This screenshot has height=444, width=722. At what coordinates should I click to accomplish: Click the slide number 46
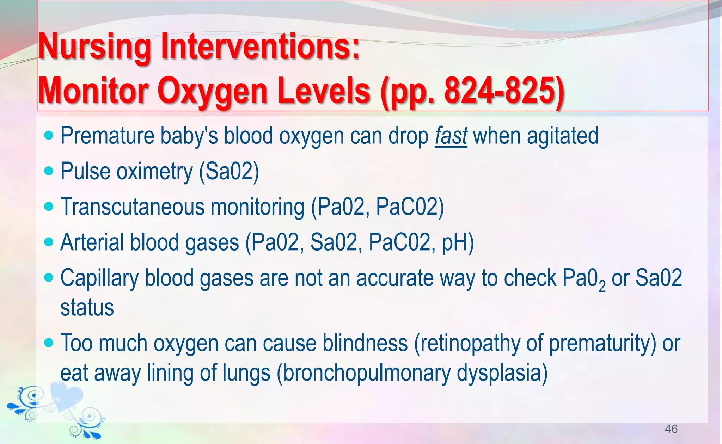coord(671,429)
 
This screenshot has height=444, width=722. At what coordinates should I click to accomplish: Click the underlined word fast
coord(451,136)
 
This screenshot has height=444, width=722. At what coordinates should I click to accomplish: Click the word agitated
coord(562,136)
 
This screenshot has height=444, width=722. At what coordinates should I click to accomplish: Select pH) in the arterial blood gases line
coord(458,242)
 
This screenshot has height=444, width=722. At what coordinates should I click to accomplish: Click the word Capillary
coord(99,278)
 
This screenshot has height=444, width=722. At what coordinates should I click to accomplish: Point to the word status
coord(87,307)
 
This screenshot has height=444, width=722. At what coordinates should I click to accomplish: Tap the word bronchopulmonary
coord(367,372)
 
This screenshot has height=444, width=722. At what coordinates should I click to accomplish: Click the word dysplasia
coord(502,372)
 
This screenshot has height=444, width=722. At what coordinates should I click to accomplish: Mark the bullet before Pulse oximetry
coord(49,171)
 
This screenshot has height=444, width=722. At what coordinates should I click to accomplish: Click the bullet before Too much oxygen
coord(49,343)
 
